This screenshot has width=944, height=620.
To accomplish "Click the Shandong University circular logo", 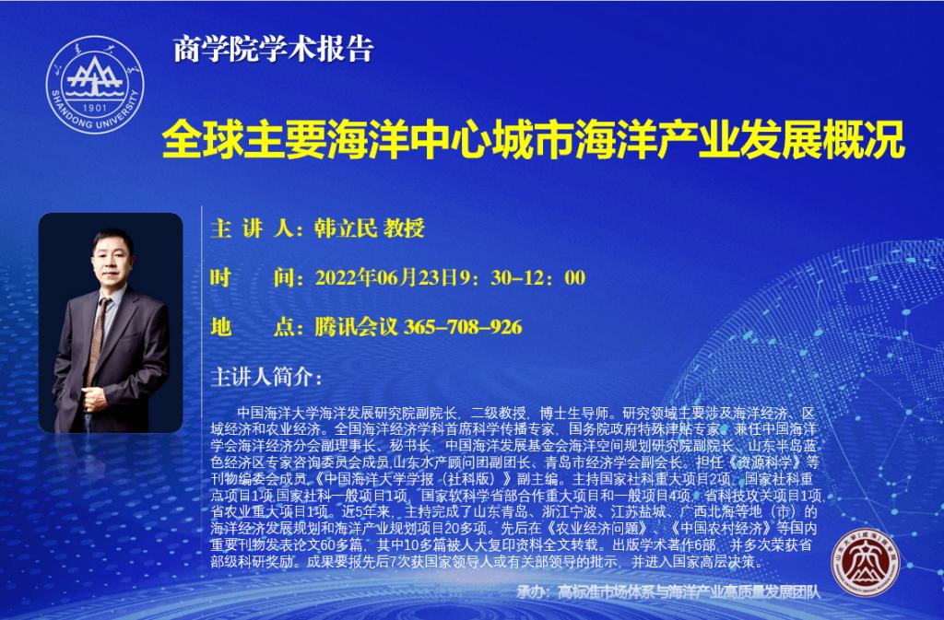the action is pyautogui.click(x=95, y=85).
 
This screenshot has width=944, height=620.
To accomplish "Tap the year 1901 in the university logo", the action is pyautogui.click(x=95, y=108).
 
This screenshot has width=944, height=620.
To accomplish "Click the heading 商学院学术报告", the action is pyautogui.click(x=274, y=50).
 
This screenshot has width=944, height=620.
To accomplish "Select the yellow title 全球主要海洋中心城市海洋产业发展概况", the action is pyautogui.click(x=534, y=139).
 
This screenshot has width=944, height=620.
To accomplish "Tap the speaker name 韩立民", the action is pyautogui.click(x=346, y=228).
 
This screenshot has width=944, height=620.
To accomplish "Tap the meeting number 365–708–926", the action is pyautogui.click(x=463, y=326).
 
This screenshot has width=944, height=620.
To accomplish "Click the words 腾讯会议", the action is pyautogui.click(x=357, y=326).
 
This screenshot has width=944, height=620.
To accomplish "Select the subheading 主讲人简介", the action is pyautogui.click(x=266, y=377).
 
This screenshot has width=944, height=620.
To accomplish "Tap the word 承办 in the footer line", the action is pyautogui.click(x=531, y=591).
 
